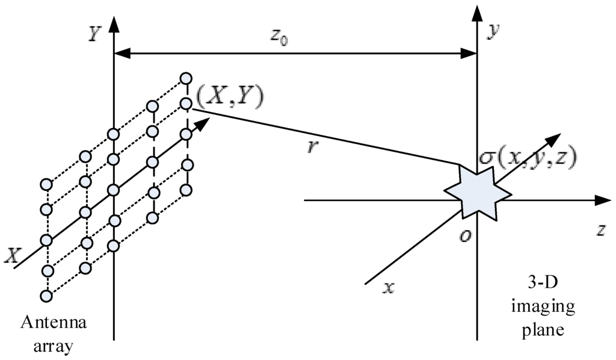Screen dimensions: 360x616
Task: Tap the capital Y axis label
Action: pos(94,35)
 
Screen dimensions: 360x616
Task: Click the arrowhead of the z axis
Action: pos(603,201)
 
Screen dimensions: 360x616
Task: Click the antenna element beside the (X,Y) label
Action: pos(186,104)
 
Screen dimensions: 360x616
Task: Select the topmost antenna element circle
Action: pos(186,78)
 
